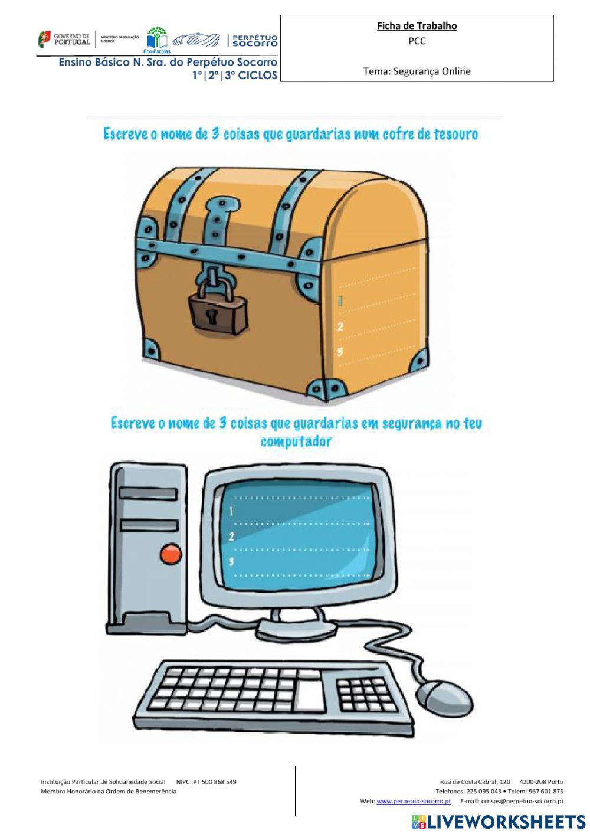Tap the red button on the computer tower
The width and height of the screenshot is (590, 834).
[171, 554]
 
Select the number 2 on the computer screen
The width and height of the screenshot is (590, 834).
[231, 537]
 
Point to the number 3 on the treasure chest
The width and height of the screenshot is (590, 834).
[340, 352]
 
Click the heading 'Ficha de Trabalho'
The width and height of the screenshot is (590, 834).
[417, 26]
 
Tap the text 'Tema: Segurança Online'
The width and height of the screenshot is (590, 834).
[417, 71]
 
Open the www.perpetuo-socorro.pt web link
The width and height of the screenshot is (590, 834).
[414, 801]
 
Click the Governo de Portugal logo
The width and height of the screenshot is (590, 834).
[65, 40]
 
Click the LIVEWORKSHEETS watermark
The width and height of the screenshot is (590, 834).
[499, 822]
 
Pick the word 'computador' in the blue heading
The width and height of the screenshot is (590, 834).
[296, 441]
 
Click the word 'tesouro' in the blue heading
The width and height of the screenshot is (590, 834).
[455, 134]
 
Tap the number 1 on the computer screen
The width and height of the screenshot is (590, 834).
[231, 511]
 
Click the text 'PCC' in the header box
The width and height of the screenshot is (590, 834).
[417, 41]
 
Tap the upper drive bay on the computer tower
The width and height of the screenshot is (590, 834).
[148, 493]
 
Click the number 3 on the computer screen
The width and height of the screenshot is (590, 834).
[231, 561]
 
